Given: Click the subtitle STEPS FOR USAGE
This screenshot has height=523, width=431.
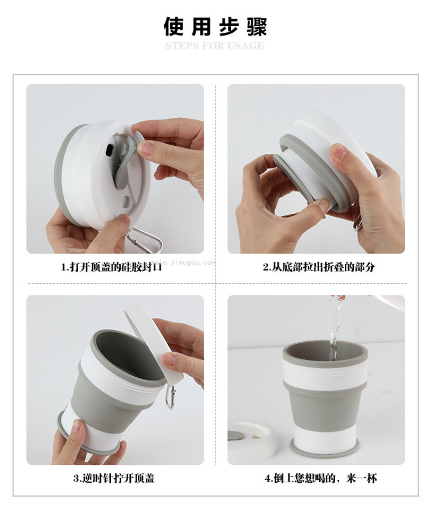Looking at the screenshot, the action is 214,46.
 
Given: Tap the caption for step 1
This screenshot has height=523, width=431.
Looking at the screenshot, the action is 111,267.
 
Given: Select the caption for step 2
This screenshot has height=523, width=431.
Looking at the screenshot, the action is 318,267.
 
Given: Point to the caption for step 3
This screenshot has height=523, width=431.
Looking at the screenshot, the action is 114,478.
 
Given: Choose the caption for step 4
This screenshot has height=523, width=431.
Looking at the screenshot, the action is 321,478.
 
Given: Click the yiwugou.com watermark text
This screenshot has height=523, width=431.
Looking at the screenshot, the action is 183,262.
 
